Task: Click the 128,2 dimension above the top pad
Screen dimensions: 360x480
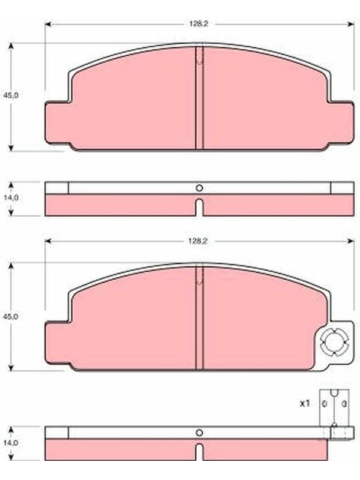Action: pos(199,24)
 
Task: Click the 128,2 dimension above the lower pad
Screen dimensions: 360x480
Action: pos(198,241)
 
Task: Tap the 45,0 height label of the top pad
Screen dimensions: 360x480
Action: pos(11,95)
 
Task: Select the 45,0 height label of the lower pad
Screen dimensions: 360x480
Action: pos(11,316)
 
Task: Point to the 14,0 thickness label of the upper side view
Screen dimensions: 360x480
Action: pos(11,198)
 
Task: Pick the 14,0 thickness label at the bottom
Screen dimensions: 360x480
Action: pos(11,443)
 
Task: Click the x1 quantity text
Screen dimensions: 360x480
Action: pos(305,403)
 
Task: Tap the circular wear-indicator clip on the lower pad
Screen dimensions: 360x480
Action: pos(334,343)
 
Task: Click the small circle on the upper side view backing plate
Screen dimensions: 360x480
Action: pos(199,188)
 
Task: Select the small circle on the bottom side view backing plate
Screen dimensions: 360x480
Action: pos(199,433)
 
